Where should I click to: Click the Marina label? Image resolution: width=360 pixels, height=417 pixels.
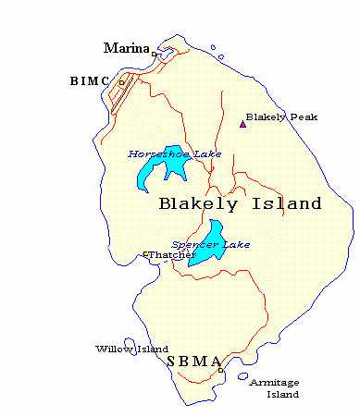click(127, 48)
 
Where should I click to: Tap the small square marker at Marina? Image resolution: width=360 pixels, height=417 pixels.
click(154, 54)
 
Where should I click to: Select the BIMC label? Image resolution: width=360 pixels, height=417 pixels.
click(90, 81)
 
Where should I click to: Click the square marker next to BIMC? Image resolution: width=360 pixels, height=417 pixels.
click(120, 82)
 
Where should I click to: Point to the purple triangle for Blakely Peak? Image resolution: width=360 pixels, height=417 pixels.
click(242, 123)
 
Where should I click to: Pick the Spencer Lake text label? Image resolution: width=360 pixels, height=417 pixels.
click(197, 244)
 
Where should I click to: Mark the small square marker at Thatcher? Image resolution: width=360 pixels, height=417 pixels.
click(145, 254)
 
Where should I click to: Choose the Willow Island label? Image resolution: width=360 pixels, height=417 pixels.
click(130, 349)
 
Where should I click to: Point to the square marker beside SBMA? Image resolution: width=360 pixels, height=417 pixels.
click(220, 370)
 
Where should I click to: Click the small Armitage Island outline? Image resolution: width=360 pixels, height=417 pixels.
click(242, 376)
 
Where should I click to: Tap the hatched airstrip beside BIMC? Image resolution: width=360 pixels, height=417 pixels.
click(125, 93)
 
